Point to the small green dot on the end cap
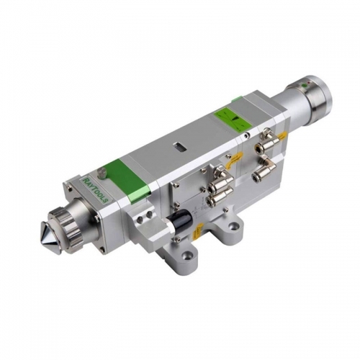[x=305, y=86]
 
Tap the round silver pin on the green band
[x=102, y=173]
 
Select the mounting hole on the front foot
[x=189, y=253]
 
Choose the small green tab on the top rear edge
[x=236, y=99]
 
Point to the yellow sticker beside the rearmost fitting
[x=283, y=135]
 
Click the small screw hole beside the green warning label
[x=246, y=134]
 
